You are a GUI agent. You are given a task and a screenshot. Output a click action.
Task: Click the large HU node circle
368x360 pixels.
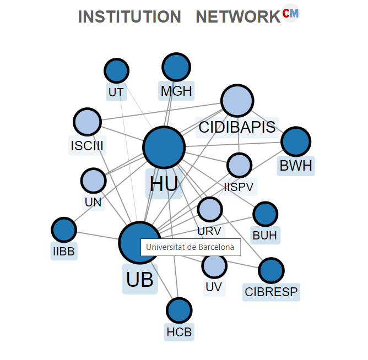[164, 147]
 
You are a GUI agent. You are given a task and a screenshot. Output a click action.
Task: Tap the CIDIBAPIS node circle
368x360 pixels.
[237, 101]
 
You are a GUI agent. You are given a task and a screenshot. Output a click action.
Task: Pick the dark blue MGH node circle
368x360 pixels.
[176, 67]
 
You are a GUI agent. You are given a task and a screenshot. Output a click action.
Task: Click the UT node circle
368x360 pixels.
[116, 70]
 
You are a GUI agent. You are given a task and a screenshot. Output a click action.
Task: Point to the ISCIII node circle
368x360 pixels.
[87, 122]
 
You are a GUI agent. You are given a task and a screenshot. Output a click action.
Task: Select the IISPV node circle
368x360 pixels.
[239, 165]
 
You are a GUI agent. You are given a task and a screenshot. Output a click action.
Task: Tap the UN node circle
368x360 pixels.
[93, 181]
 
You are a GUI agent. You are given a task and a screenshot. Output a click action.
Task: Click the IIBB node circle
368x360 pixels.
[64, 230]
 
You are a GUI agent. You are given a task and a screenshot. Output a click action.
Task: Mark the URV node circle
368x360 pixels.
[209, 209]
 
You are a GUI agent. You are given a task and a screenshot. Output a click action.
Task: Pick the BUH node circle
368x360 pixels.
[266, 214]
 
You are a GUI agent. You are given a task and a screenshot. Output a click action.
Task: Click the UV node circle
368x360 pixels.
[214, 265]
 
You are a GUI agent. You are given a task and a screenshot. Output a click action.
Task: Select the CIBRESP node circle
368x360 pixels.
[271, 270]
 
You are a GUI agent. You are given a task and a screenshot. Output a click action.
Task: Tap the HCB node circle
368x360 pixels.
[179, 310]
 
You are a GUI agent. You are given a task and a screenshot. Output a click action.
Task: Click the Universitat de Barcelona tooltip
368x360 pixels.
[190, 247]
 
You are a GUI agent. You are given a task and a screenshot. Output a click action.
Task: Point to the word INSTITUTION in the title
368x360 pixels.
[129, 17]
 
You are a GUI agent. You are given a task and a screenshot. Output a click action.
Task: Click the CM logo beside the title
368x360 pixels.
[290, 13]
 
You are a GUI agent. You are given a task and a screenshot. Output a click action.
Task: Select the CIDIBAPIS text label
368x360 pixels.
[237, 128]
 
